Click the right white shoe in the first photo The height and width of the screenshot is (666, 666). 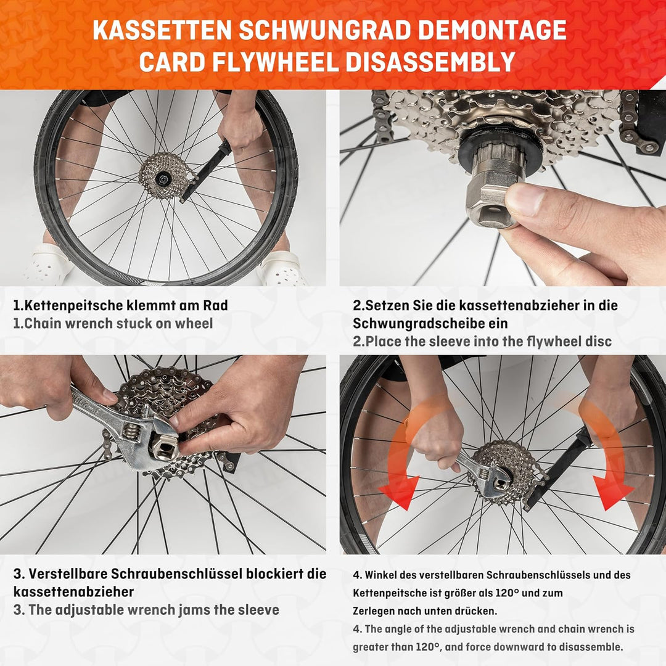[281, 268]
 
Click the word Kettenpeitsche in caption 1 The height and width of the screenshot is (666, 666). [79, 305]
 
